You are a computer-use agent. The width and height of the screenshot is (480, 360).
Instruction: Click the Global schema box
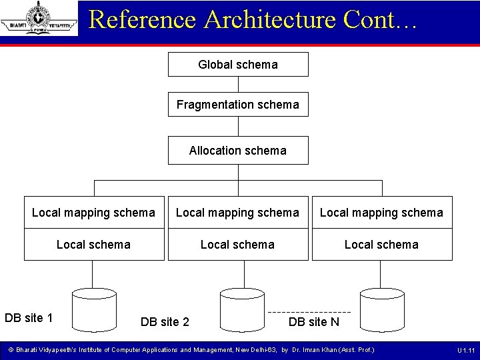pyautogui.click(x=238, y=65)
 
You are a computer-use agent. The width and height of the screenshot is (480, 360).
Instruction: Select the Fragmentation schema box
pyautogui.click(x=238, y=105)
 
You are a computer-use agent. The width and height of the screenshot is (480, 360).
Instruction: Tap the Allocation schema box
pyautogui.click(x=238, y=151)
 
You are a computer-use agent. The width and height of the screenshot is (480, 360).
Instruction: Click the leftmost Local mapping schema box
pyautogui.click(x=93, y=213)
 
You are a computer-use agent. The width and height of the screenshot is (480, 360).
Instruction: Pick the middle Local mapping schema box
pyautogui.click(x=238, y=213)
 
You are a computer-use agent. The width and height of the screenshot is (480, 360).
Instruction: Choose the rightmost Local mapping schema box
pyautogui.click(x=381, y=213)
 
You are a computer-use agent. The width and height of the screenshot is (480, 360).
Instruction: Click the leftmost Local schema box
pyautogui.click(x=93, y=245)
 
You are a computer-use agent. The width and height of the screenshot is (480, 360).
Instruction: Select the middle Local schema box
pyautogui.click(x=238, y=245)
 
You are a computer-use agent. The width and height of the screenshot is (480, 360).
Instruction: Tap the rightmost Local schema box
pyautogui.click(x=381, y=245)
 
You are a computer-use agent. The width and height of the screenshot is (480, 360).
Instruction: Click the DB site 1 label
pyautogui.click(x=29, y=317)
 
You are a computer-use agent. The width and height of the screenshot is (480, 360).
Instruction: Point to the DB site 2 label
pyautogui.click(x=165, y=322)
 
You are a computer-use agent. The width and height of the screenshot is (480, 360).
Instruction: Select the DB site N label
pyautogui.click(x=313, y=322)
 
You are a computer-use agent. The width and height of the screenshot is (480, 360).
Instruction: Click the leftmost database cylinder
pyautogui.click(x=94, y=309)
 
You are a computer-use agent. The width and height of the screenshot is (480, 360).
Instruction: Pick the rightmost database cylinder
pyautogui.click(x=381, y=309)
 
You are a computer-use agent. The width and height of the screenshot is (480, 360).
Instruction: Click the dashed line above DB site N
pyautogui.click(x=309, y=312)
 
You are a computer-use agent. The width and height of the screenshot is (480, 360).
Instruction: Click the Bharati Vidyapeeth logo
pyautogui.click(x=39, y=18)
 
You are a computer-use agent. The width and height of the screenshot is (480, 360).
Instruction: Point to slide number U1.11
pyautogui.click(x=465, y=350)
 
